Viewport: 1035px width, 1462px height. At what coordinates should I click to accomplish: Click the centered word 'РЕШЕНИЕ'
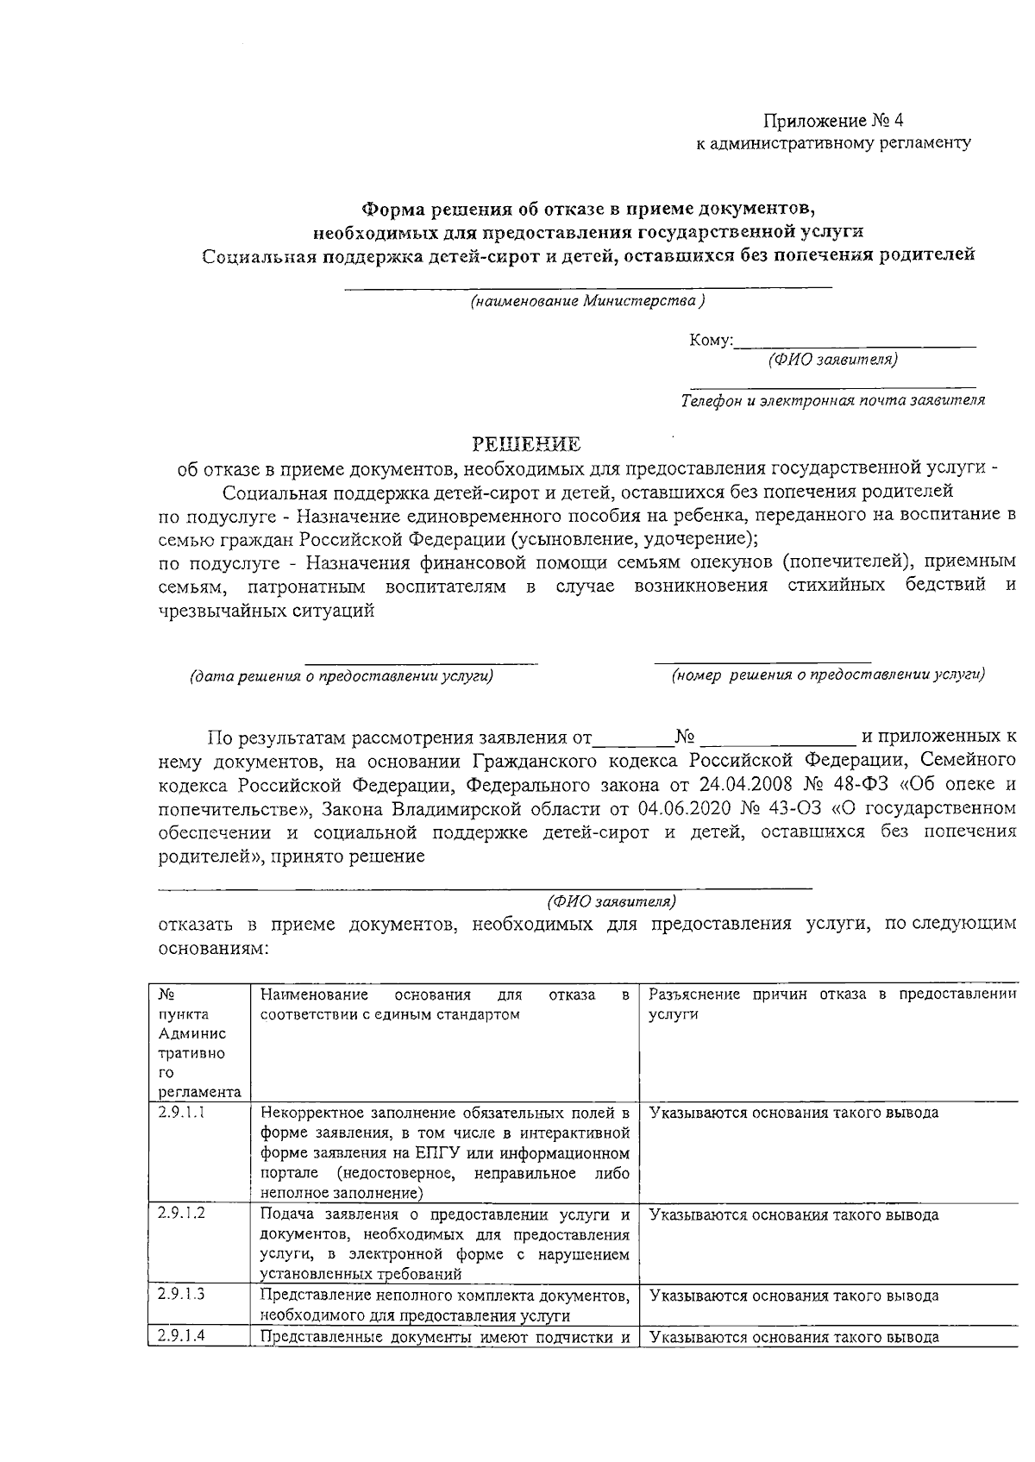(526, 444)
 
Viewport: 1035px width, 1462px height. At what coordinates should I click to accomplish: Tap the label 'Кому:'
(711, 342)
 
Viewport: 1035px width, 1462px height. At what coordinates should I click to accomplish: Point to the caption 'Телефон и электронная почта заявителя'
(832, 400)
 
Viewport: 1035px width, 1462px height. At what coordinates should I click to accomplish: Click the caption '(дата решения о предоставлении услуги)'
(342, 676)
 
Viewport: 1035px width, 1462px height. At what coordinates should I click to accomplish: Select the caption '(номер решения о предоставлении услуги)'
(828, 675)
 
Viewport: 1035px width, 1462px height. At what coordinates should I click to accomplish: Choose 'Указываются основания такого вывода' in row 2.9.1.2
(793, 1215)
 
